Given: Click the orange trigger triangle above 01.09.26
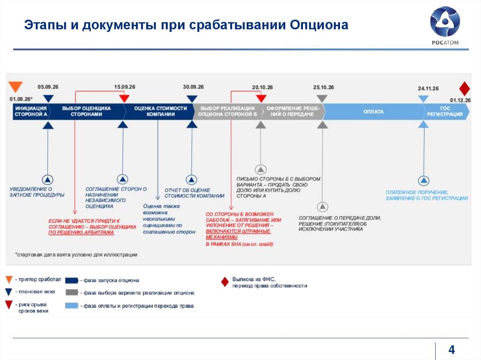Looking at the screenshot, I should (16, 87).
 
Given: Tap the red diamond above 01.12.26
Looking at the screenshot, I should (464, 89).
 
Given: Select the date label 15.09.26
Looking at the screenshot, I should (124, 87).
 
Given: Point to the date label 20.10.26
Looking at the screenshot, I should (262, 87).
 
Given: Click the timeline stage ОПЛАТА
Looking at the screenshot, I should (373, 112).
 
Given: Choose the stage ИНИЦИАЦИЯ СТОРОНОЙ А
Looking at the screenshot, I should (31, 111).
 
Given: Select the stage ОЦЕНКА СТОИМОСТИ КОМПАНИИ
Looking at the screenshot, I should (160, 111).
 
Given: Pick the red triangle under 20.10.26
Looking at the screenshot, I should (261, 99).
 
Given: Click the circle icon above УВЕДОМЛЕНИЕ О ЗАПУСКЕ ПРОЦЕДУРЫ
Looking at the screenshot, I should (48, 179).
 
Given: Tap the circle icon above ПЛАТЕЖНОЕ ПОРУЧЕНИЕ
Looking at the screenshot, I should (424, 180).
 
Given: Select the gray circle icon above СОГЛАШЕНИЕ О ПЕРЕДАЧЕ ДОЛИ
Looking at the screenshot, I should (322, 207).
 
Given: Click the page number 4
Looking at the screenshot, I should (452, 350).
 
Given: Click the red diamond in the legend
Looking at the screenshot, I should (225, 282).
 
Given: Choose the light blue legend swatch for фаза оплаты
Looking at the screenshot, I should (71, 306).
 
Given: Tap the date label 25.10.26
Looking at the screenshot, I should (324, 87).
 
